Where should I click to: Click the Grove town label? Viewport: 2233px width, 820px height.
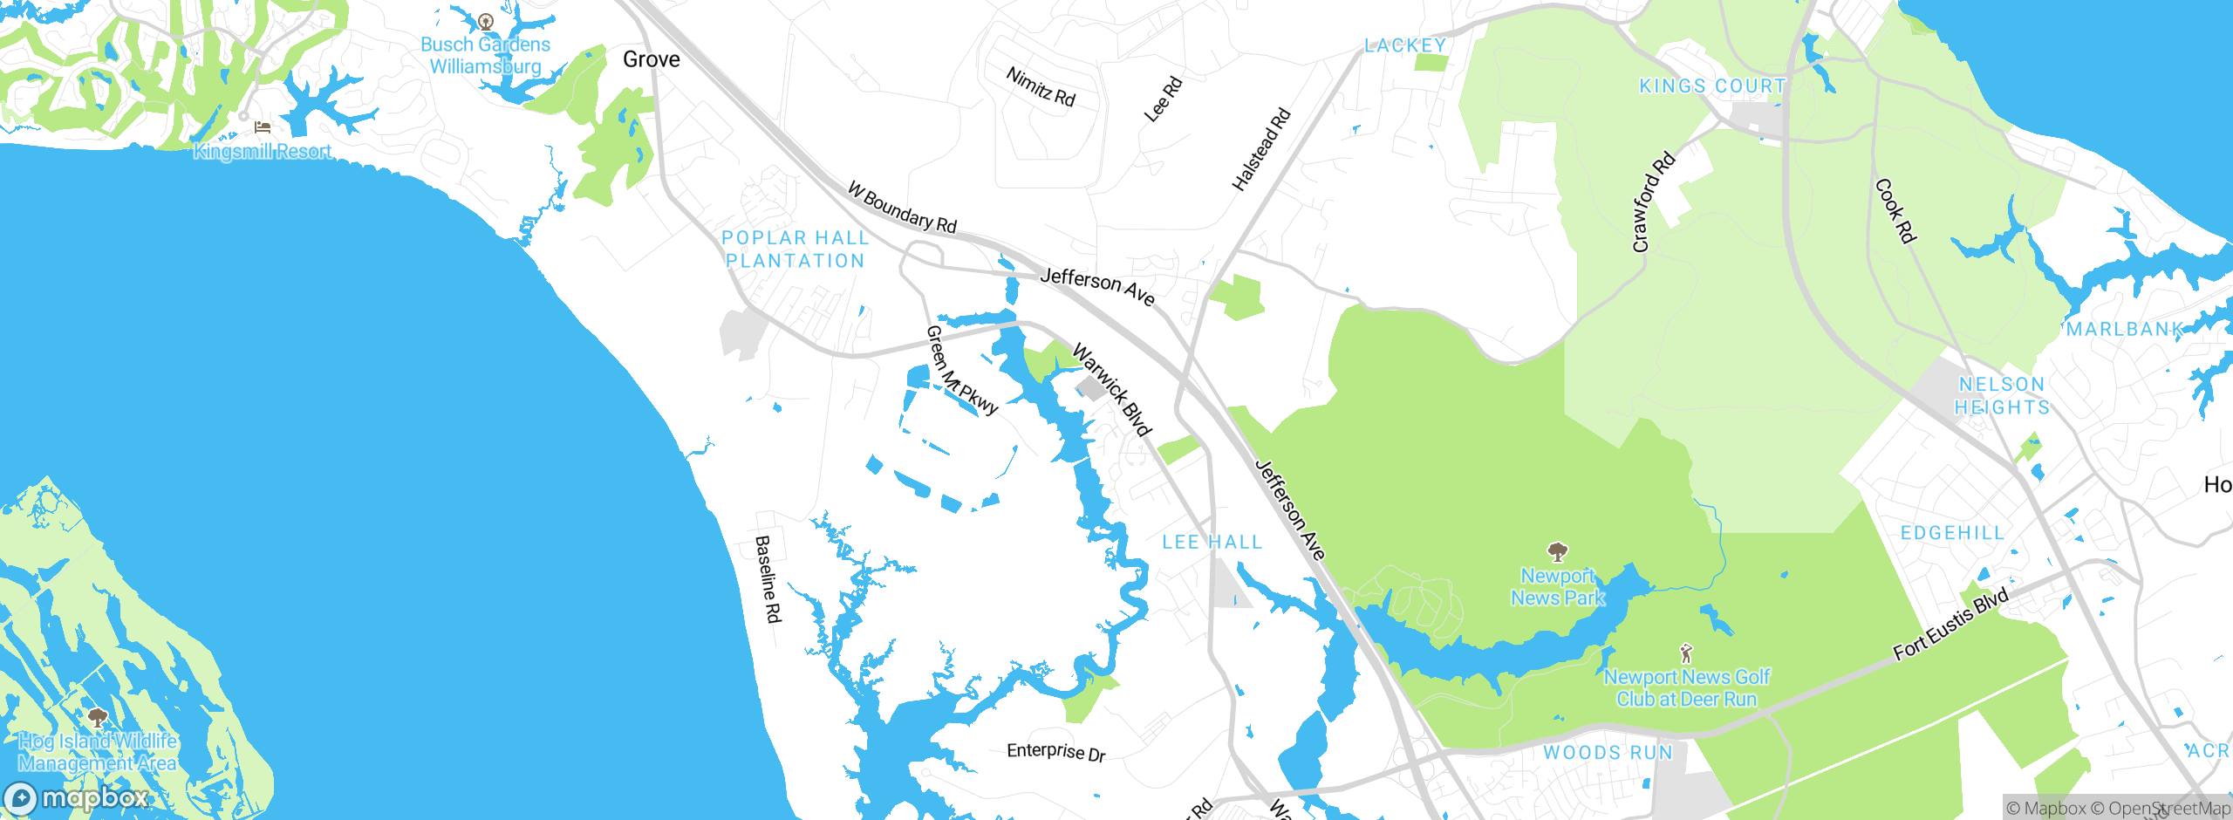click(651, 59)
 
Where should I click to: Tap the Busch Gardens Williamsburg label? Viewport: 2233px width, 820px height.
click(485, 55)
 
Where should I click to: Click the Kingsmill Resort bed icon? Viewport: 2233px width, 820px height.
click(262, 127)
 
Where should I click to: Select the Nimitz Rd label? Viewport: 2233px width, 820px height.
click(1041, 87)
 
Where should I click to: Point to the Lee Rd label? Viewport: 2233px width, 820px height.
click(1163, 99)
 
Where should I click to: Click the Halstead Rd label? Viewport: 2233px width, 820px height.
click(1260, 150)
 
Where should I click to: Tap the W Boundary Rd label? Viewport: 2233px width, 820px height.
click(902, 208)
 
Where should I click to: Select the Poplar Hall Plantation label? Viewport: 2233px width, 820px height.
click(795, 249)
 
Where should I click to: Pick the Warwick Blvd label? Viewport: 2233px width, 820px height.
click(1112, 390)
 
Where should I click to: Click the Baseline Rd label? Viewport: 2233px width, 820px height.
click(767, 579)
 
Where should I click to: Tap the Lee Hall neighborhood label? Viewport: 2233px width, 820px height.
click(1212, 543)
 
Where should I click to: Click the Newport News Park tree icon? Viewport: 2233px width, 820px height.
click(1557, 551)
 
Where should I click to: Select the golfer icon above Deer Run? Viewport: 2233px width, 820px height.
click(1686, 653)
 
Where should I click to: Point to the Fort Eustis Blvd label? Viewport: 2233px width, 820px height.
click(1950, 625)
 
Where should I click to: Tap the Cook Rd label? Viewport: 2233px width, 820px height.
click(1894, 211)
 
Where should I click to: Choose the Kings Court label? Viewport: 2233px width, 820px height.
click(1712, 86)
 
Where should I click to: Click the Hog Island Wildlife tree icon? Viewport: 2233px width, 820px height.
click(98, 718)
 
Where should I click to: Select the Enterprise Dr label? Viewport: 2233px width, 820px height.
click(1055, 752)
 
